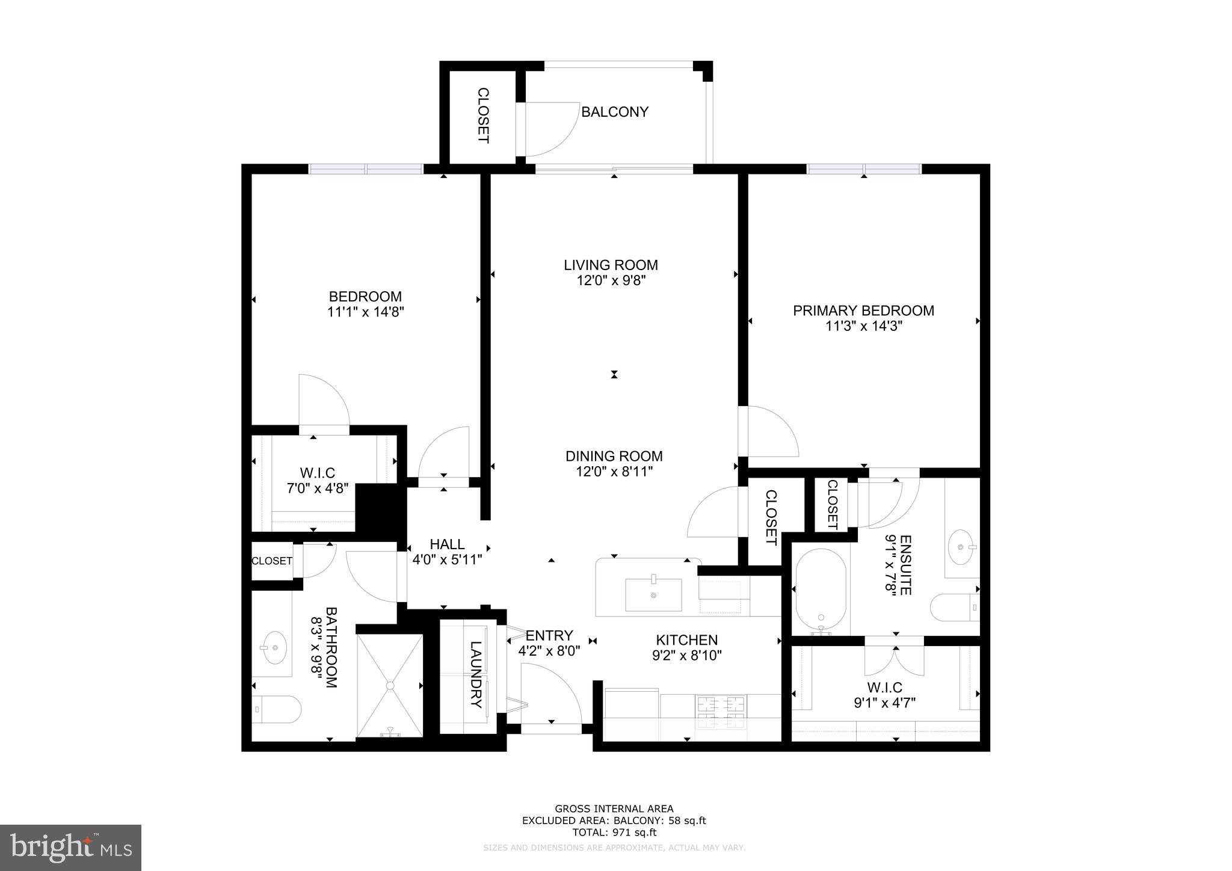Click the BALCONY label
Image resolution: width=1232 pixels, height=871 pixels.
coord(614,112)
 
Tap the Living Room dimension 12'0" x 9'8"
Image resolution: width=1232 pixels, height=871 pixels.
coord(611,280)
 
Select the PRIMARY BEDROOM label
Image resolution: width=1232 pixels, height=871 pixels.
coord(863,310)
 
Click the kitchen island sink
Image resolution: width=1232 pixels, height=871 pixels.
coord(653,594)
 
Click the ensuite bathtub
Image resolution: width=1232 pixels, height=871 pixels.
coord(820,592)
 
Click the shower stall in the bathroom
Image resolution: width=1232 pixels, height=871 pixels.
coord(390,685)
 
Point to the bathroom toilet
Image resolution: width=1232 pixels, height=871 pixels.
coord(276,709)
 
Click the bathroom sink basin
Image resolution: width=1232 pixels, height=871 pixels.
coord(275,647)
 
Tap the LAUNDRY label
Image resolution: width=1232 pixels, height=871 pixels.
coord(475,674)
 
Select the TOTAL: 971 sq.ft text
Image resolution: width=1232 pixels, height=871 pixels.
coord(614,833)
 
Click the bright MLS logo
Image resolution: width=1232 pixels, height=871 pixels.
coord(70,848)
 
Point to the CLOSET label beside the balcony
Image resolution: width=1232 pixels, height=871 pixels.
coord(483,115)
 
